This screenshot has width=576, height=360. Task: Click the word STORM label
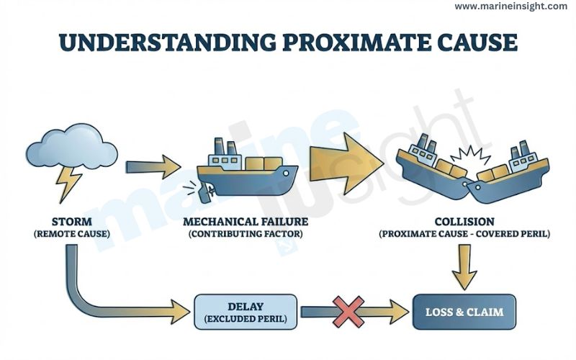coord(71,221)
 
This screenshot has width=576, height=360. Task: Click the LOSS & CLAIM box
coord(464,312)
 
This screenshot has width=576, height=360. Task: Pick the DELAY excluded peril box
coord(245,312)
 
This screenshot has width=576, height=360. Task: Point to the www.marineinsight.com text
coord(511,6)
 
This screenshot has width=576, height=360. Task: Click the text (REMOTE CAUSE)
coord(71,234)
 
